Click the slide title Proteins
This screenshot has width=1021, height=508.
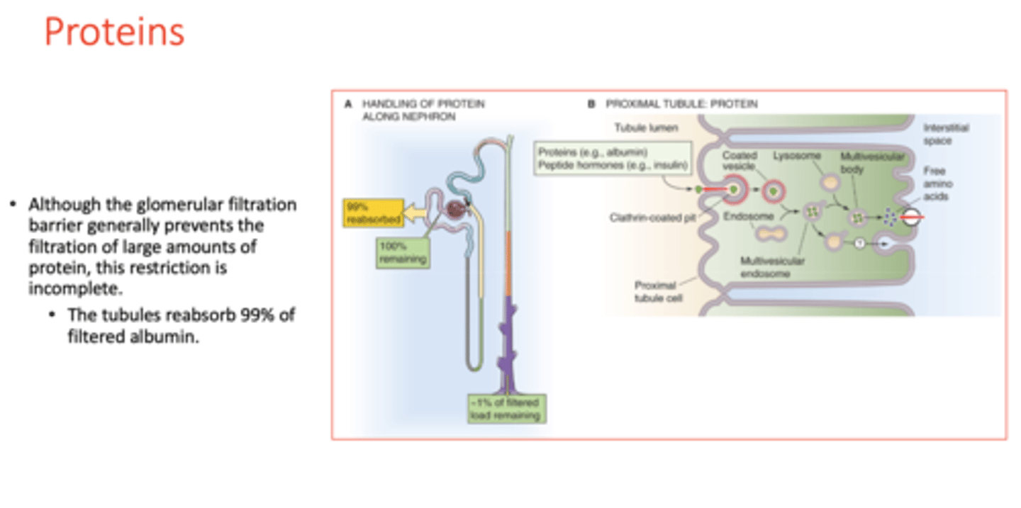click(114, 33)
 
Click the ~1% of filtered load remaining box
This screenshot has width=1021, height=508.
click(505, 409)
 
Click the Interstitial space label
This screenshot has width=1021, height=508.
click(945, 135)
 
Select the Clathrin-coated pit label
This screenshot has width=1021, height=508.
click(653, 218)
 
